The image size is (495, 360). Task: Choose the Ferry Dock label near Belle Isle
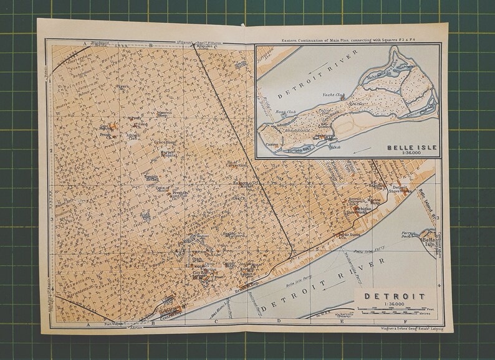[408, 235]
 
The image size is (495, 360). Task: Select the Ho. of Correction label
[232, 163]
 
